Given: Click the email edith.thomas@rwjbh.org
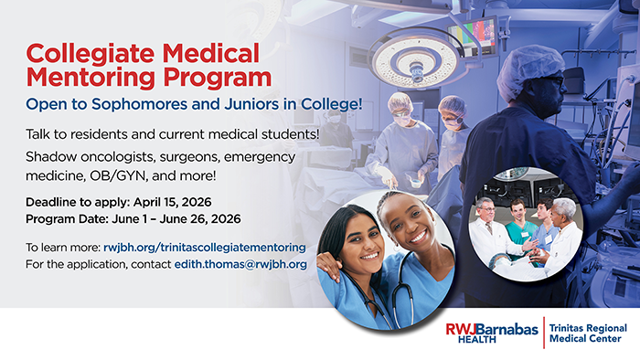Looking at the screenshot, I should click(x=240, y=264).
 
